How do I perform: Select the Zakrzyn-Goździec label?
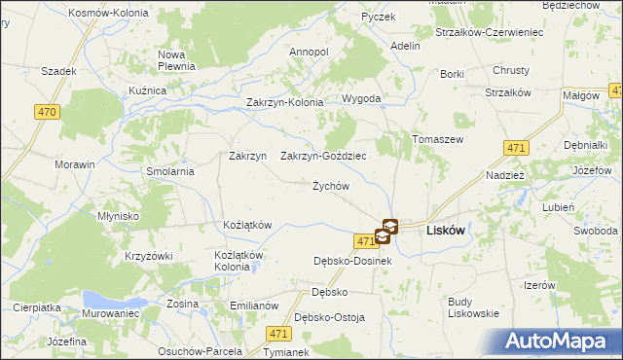[x=323, y=156]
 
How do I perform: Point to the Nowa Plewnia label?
[x=178, y=60]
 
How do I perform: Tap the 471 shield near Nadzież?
[x=517, y=147]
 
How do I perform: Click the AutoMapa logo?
[x=561, y=342]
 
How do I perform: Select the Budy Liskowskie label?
[x=473, y=306]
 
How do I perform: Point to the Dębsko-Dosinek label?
[x=351, y=261]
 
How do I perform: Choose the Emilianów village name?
[x=254, y=305]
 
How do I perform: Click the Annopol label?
[x=310, y=52]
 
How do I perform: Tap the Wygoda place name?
[x=360, y=99]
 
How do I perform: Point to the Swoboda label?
[x=595, y=231]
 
